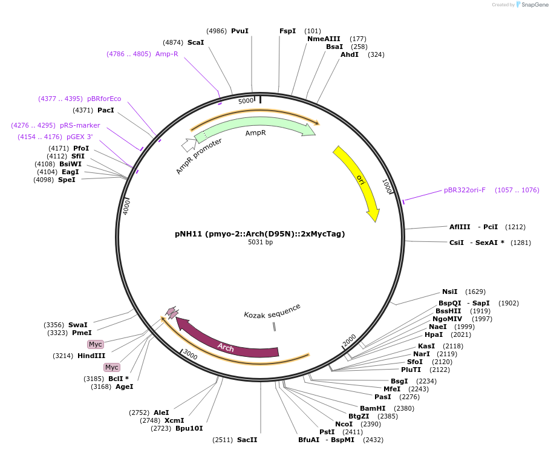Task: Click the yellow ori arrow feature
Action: pyautogui.click(x=357, y=181)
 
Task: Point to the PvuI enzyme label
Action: pyautogui.click(x=240, y=31)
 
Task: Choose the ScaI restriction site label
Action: pyautogui.click(x=195, y=42)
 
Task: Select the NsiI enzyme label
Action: pyautogui.click(x=450, y=292)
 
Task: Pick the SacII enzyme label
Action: pyautogui.click(x=247, y=440)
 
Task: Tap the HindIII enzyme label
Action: pyautogui.click(x=91, y=356)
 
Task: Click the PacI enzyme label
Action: pyautogui.click(x=106, y=110)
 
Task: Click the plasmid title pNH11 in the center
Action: pyautogui.click(x=260, y=233)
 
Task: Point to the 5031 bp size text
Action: pyautogui.click(x=260, y=243)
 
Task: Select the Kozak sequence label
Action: pyautogui.click(x=272, y=311)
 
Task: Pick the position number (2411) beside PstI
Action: pyautogui.click(x=353, y=432)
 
